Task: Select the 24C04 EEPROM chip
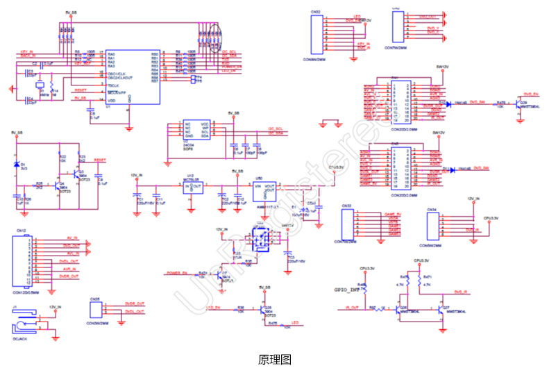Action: pyautogui.click(x=196, y=130)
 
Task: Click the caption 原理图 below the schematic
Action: pyautogui.click(x=274, y=360)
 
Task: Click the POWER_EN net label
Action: pyautogui.click(x=178, y=272)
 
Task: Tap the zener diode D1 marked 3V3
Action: pyautogui.click(x=17, y=164)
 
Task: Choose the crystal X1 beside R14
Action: pyautogui.click(x=41, y=87)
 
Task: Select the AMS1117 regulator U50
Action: pyautogui.click(x=266, y=189)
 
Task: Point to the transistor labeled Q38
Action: pyautogui.click(x=262, y=310)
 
